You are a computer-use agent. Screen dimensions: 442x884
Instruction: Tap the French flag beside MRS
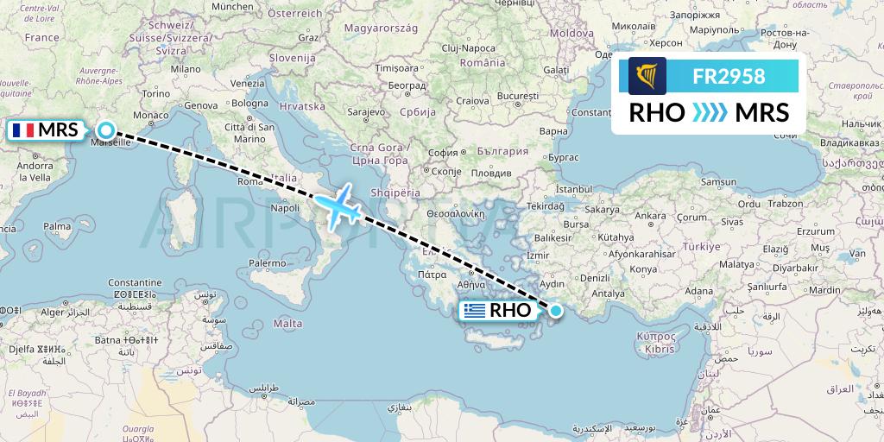pyautogui.click(x=22, y=130)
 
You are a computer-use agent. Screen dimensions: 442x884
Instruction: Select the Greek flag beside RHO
pyautogui.click(x=474, y=311)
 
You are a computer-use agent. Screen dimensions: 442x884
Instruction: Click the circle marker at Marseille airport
pyautogui.click(x=105, y=130)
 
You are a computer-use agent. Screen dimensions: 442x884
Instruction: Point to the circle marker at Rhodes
pyautogui.click(x=556, y=311)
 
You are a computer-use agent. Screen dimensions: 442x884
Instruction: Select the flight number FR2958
pyautogui.click(x=729, y=76)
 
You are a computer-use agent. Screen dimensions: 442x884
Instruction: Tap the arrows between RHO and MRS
pyautogui.click(x=710, y=113)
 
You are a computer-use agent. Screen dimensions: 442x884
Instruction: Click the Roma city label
pyautogui.click(x=249, y=182)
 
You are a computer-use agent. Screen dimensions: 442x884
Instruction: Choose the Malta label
pyautogui.click(x=287, y=323)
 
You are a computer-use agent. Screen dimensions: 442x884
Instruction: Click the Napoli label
pyautogui.click(x=285, y=208)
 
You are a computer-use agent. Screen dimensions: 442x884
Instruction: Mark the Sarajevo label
pyautogui.click(x=366, y=113)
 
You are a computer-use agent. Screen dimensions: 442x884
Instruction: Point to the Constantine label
pyautogui.click(x=135, y=282)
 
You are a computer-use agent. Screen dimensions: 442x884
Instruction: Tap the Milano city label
pyautogui.click(x=186, y=68)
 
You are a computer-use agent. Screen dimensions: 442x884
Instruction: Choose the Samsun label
pyautogui.click(x=719, y=182)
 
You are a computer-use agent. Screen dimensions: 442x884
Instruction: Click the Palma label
pyautogui.click(x=58, y=226)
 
